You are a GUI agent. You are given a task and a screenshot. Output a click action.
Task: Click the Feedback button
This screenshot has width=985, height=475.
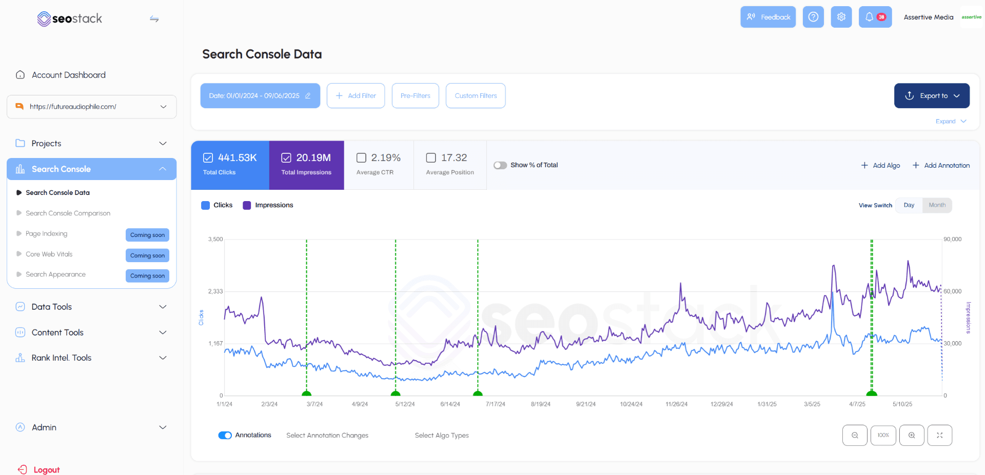pos(767,17)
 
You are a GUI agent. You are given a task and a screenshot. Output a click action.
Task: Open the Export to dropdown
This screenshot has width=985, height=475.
pos(932,96)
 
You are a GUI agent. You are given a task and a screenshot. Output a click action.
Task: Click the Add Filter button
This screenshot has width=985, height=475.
pos(356,96)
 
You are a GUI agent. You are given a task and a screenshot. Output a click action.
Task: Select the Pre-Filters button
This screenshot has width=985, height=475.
pos(415,96)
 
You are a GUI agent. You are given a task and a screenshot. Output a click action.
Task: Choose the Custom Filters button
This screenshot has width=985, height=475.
pos(476,96)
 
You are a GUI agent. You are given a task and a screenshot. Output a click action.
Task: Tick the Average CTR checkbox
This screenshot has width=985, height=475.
pos(362,158)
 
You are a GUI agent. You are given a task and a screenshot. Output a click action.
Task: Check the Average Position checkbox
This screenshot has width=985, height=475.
pos(431,158)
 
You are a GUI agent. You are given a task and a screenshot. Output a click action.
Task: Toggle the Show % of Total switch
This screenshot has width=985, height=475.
pos(500,165)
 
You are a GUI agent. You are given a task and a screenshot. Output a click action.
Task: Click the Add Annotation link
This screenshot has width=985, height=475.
pos(941,165)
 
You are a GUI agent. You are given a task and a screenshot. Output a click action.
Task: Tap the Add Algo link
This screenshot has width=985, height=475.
pos(881,165)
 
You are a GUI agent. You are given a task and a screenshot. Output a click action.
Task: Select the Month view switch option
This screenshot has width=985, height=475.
pos(937,205)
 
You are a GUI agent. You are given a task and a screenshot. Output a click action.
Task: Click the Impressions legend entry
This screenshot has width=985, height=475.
pos(268,205)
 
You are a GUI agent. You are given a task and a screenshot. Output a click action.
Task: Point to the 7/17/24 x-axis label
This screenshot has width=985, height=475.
pos(496,404)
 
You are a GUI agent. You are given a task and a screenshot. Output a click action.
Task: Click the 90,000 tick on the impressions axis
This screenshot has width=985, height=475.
pos(953,240)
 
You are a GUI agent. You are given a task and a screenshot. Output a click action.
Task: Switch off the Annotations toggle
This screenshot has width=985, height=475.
pos(225,436)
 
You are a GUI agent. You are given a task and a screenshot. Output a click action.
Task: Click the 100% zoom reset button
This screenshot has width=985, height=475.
pos(883,436)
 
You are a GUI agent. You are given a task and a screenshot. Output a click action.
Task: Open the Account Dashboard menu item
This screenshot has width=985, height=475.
pos(68,75)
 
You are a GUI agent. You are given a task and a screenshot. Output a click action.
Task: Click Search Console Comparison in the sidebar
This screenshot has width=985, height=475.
pos(68,213)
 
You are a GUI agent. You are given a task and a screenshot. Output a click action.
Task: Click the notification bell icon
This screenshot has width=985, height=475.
pos(870,17)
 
